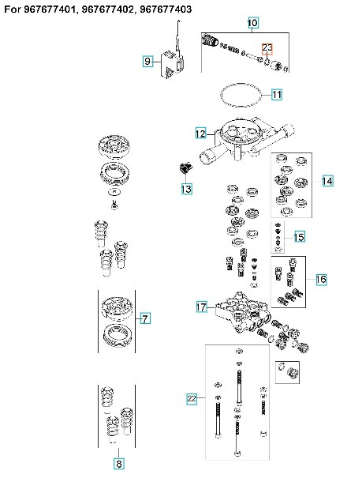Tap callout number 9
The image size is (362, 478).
(x=147, y=61)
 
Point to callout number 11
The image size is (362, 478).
(x=277, y=95)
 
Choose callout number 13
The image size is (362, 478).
(x=186, y=189)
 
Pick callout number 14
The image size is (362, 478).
(x=327, y=181)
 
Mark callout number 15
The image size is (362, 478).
(x=299, y=237)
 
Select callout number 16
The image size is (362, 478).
(x=321, y=280)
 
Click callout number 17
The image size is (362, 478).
(x=201, y=306)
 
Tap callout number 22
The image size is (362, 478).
(x=192, y=399)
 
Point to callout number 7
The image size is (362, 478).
(x=144, y=319)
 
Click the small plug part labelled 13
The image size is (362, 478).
(x=186, y=169)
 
